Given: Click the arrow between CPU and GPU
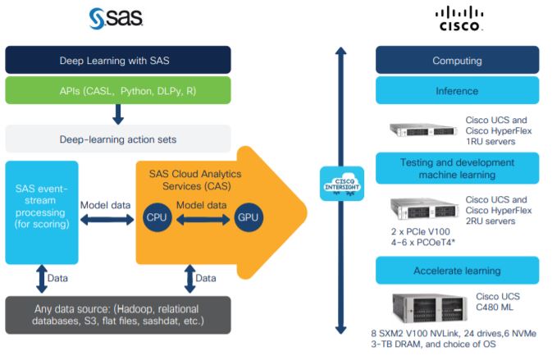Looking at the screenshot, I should (x=200, y=218).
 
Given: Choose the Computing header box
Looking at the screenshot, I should (x=457, y=61).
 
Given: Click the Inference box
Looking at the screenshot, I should (x=457, y=89).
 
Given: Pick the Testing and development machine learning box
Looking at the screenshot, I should (x=457, y=167).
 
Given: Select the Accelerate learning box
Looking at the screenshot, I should (x=457, y=270).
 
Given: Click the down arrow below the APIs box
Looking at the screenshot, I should (x=118, y=114).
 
